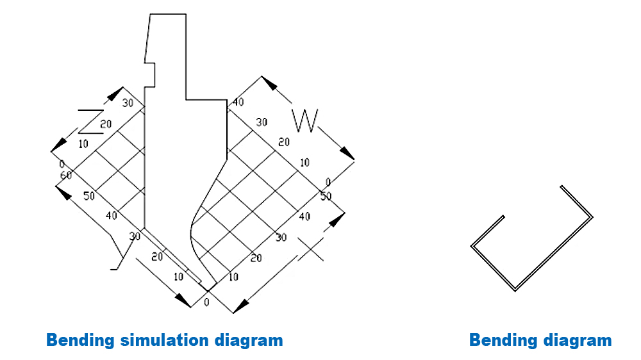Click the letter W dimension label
[304, 120]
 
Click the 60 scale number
[65, 175]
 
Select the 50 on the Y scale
[89, 195]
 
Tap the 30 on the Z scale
[128, 103]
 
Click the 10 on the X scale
[233, 277]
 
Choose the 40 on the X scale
[304, 217]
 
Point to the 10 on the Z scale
[83, 144]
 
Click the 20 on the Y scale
[156, 256]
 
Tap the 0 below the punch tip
[206, 301]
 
